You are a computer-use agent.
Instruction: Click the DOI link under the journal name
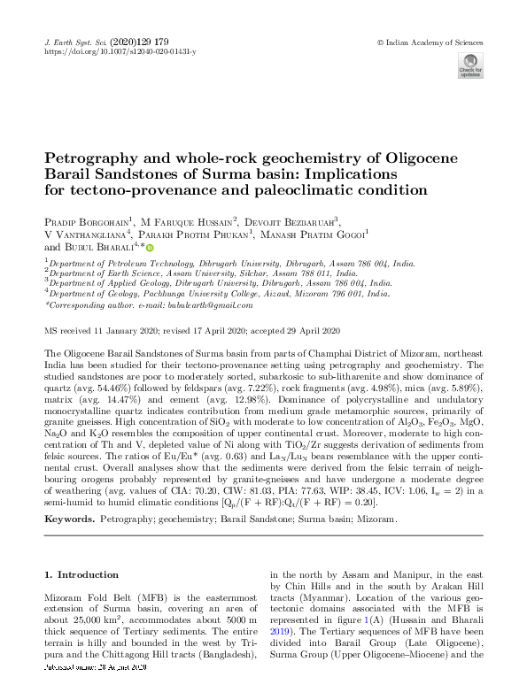120,52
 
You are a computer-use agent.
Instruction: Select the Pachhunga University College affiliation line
219,293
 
